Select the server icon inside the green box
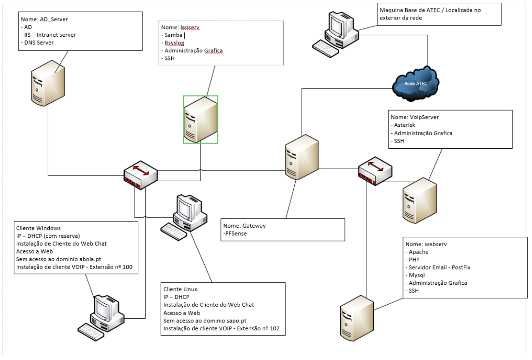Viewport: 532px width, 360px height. (200, 119)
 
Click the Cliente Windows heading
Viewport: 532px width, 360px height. (39, 229)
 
